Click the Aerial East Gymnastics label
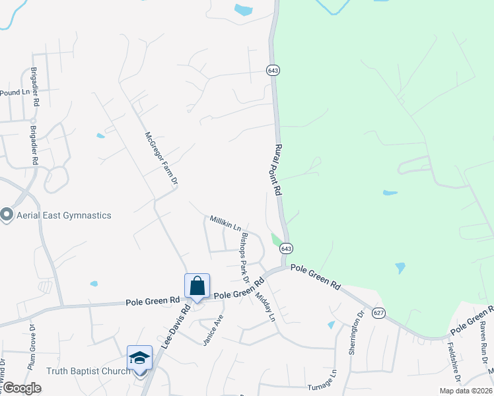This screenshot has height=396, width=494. coord(63,215)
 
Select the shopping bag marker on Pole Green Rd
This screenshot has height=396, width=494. coord(197,286)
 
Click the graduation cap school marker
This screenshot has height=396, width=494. coord(139,358)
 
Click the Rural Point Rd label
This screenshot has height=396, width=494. coord(278,169)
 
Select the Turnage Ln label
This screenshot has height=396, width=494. coord(322,387)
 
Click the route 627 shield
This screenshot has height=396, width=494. coord(378,312)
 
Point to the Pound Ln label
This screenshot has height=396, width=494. coord(15,93)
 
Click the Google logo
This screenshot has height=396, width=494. coord(22,388)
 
